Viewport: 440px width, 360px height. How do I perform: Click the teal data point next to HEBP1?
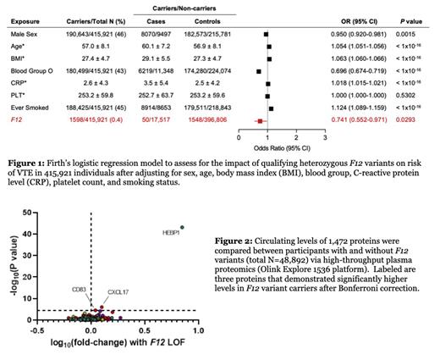pyautogui.click(x=183, y=226)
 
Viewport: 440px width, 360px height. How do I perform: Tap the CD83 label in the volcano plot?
pyautogui.click(x=80, y=289)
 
